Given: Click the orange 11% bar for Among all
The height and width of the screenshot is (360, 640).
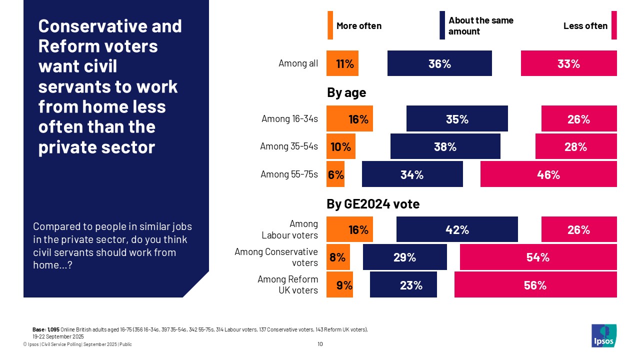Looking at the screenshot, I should (342, 63).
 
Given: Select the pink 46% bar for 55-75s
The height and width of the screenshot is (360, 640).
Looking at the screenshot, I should (548, 174).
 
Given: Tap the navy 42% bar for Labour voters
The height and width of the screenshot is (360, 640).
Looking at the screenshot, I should (457, 229).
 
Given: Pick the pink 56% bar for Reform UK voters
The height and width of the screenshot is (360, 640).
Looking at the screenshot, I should (535, 285).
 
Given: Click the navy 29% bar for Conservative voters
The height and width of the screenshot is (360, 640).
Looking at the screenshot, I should (404, 257).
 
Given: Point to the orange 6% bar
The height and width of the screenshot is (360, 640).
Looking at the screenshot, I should (335, 174).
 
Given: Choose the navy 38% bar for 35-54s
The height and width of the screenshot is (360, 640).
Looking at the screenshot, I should (445, 146).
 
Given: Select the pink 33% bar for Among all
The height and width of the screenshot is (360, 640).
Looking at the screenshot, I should (568, 63).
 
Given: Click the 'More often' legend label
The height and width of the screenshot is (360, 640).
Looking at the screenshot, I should (358, 26).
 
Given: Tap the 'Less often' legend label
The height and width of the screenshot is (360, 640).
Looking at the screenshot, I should (585, 26).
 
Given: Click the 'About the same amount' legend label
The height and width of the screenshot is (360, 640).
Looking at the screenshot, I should (480, 26).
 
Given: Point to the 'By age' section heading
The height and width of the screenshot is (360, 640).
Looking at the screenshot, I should (346, 92).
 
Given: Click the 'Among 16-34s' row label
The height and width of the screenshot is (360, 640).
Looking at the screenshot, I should (289, 119).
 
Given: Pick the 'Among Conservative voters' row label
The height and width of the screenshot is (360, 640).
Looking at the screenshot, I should (276, 257).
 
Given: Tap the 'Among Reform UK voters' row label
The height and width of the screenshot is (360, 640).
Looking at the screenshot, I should (287, 285).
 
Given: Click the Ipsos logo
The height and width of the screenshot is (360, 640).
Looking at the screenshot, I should (603, 335).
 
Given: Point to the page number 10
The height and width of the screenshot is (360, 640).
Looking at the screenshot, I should (320, 344).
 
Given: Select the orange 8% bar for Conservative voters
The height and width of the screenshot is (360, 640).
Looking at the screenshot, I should (338, 257).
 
